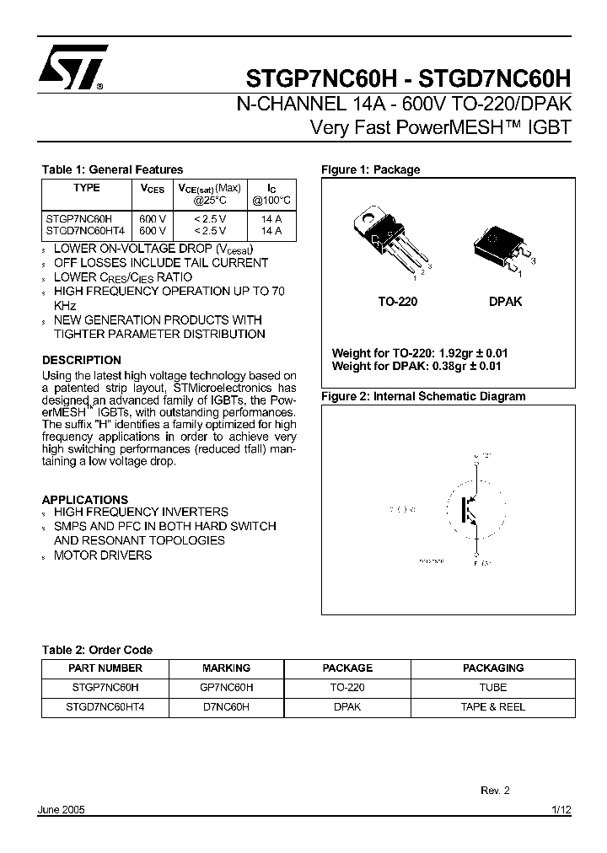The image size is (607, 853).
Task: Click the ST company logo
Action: (x=73, y=66)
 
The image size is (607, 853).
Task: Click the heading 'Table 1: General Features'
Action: (x=112, y=169)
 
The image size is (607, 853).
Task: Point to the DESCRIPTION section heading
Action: (x=82, y=360)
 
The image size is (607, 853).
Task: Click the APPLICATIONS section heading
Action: (x=85, y=499)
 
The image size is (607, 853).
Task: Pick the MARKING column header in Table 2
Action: (x=226, y=668)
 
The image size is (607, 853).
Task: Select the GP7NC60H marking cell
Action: (x=226, y=687)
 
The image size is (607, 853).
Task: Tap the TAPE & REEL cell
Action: (x=492, y=706)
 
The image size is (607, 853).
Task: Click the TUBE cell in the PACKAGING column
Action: (x=492, y=687)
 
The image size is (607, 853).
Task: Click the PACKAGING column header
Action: (x=492, y=668)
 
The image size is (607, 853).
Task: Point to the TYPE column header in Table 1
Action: (x=86, y=188)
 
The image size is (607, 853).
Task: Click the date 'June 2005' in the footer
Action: (x=62, y=809)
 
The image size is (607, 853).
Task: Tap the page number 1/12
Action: (x=561, y=809)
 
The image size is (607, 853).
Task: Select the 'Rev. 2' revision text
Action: (x=495, y=791)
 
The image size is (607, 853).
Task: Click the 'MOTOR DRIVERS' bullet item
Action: (x=103, y=555)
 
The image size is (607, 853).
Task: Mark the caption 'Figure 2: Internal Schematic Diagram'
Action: (x=423, y=396)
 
